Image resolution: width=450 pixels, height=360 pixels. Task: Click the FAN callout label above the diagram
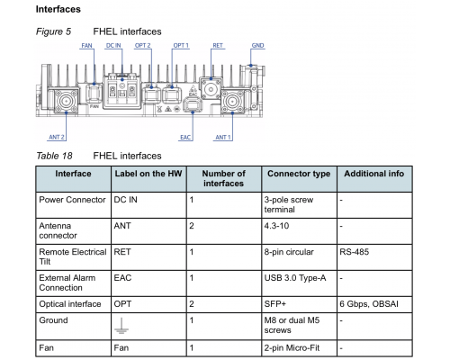coord(86,46)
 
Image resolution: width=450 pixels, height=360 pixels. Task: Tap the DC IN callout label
coord(113,46)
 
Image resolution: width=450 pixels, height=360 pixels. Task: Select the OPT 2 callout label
coord(142,46)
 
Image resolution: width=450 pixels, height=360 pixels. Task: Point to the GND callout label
coord(257,46)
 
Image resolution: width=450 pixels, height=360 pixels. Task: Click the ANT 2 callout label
coord(57,137)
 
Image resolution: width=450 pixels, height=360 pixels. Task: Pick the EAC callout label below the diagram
coord(185,137)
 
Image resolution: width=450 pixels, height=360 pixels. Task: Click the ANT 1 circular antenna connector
coord(232,101)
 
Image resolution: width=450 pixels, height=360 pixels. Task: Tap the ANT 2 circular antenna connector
coord(66,101)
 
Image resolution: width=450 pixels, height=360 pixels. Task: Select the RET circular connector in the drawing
coord(211,89)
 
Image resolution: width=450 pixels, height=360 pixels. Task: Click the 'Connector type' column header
coord(299,174)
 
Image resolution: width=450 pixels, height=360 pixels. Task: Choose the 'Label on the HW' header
coord(148,174)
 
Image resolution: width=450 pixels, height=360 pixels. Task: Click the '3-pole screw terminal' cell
coord(289,204)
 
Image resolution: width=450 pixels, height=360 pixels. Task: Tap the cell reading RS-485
coord(355,252)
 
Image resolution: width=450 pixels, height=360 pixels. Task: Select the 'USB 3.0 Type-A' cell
coord(295,278)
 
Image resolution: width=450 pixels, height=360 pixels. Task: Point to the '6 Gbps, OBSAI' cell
coord(369,304)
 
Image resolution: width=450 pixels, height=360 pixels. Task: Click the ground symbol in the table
coord(121,326)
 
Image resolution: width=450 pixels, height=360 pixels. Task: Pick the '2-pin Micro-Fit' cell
coord(292,348)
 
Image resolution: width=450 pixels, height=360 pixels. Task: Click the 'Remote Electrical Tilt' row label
coord(73,256)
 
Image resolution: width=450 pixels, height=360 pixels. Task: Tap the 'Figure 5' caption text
coord(53,31)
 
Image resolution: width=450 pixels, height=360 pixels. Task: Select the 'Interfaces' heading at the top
coord(58,9)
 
